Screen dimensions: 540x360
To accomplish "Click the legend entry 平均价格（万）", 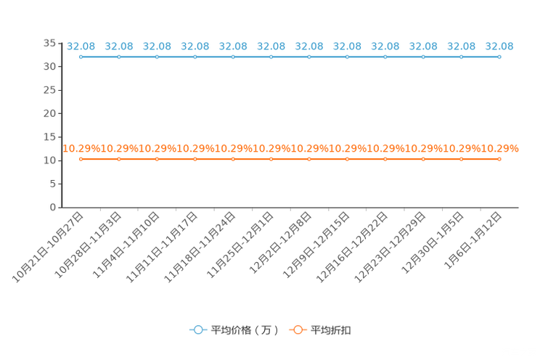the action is [x=234, y=330].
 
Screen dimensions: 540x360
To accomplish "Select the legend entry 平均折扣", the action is [x=320, y=330].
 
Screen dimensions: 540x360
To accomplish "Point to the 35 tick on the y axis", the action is [x=49, y=43].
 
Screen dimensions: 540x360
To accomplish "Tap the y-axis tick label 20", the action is [x=49, y=113].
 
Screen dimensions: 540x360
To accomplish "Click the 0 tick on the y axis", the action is [x=53, y=208].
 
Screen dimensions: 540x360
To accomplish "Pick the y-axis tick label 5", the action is [x=53, y=184].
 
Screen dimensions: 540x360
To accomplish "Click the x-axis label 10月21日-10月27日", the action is [x=47, y=247].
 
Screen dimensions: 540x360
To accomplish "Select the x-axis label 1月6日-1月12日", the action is [x=472, y=240].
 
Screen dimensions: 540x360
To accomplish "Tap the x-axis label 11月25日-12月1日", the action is [x=240, y=245].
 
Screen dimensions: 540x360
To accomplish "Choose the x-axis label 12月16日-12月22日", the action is [x=351, y=247].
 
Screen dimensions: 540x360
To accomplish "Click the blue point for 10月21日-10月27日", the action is [x=81, y=57].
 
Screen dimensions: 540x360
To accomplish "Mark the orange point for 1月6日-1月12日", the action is [x=499, y=159].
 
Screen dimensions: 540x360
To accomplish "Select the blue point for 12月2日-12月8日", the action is [x=309, y=57].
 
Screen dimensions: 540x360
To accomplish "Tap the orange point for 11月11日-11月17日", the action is [x=195, y=159].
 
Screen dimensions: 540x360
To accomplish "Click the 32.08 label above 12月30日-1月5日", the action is [x=461, y=46].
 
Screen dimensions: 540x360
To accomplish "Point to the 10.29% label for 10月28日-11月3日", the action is [x=119, y=149].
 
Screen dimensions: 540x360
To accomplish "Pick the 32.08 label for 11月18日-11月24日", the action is [x=233, y=46].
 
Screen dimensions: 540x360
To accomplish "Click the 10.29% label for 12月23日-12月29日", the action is [x=423, y=149].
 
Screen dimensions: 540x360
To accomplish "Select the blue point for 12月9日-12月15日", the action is [x=347, y=57].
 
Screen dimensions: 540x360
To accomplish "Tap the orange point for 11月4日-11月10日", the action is [x=157, y=159].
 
